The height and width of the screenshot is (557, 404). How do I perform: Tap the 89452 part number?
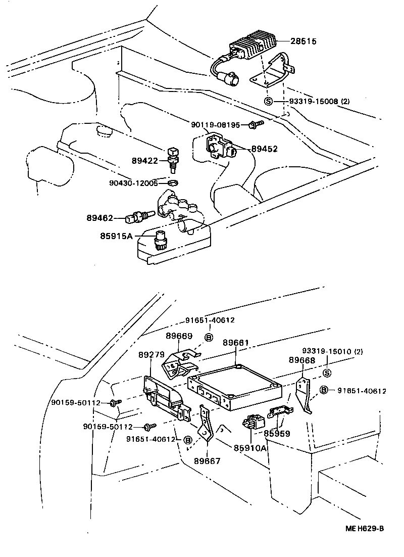(264, 149)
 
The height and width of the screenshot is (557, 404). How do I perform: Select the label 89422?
(145, 161)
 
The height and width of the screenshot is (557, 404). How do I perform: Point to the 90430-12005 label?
(134, 182)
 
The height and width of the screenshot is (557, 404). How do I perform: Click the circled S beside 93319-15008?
(269, 101)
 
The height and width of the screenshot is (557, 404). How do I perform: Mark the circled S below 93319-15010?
(326, 373)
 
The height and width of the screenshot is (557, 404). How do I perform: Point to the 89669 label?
(179, 336)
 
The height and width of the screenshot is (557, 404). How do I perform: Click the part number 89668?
(302, 360)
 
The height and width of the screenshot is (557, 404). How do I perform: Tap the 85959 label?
(277, 433)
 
